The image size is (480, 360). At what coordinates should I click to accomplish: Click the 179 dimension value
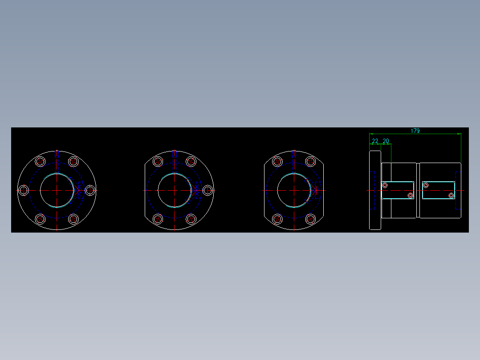pos(415,131)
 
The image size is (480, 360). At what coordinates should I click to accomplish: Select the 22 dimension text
pos(375,141)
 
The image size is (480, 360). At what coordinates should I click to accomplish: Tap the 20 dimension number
pos(386,141)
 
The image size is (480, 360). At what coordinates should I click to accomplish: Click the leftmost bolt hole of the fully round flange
pos(24,190)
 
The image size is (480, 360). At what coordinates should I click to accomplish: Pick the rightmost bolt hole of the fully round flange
pos(90,190)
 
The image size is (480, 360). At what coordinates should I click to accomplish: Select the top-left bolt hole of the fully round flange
pos(41,161)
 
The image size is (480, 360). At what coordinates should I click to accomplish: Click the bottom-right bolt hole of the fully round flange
pos(74,219)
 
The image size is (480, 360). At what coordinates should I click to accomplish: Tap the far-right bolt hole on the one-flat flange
pos(207,190)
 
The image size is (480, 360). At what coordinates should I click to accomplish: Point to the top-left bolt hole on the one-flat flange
pos(157,161)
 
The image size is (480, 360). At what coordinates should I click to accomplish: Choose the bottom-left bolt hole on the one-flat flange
pos(157,219)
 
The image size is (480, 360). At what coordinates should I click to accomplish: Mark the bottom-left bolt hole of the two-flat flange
pos(277,219)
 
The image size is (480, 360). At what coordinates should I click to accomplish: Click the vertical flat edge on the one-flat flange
pos(145,190)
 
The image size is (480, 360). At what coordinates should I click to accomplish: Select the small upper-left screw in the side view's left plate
pos(385,184)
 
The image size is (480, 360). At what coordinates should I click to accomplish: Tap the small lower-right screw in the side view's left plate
pos(410,196)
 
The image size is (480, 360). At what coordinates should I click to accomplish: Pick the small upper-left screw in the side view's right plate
pos(426,184)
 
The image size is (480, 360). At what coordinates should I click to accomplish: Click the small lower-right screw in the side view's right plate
pos(451,196)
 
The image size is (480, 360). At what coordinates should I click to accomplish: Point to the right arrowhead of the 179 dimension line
pos(459,134)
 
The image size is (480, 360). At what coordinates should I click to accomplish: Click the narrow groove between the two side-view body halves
pos(418,190)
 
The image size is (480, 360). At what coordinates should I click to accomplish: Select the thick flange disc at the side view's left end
pos(375,190)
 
